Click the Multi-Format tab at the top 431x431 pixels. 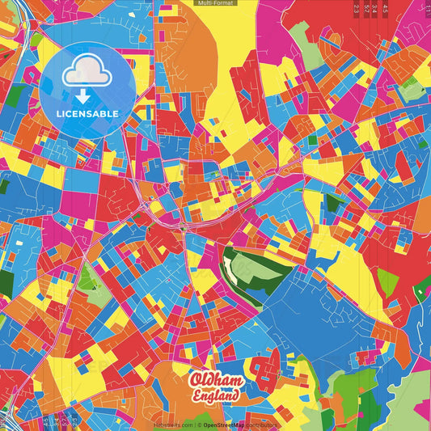(x=216, y=3)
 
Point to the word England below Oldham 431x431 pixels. (x=215, y=396)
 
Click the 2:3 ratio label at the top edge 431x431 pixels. (x=357, y=7)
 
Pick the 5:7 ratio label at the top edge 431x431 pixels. (x=366, y=7)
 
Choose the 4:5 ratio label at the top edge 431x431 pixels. (x=386, y=7)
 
